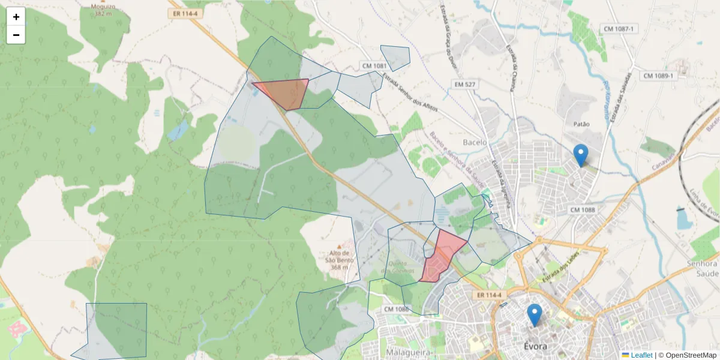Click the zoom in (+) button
[x=16, y=17]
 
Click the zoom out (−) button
[x=16, y=35]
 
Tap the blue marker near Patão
[x=580, y=154]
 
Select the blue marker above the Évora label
[x=534, y=314]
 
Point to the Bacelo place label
[x=475, y=143]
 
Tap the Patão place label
[x=581, y=124]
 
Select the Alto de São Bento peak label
[x=339, y=256]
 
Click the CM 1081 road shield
[x=375, y=65]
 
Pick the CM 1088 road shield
[x=583, y=209]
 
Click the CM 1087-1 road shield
[x=619, y=29]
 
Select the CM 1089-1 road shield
[x=658, y=76]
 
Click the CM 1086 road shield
[x=396, y=309]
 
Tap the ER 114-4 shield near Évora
[x=490, y=295]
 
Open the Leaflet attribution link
[x=641, y=355]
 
